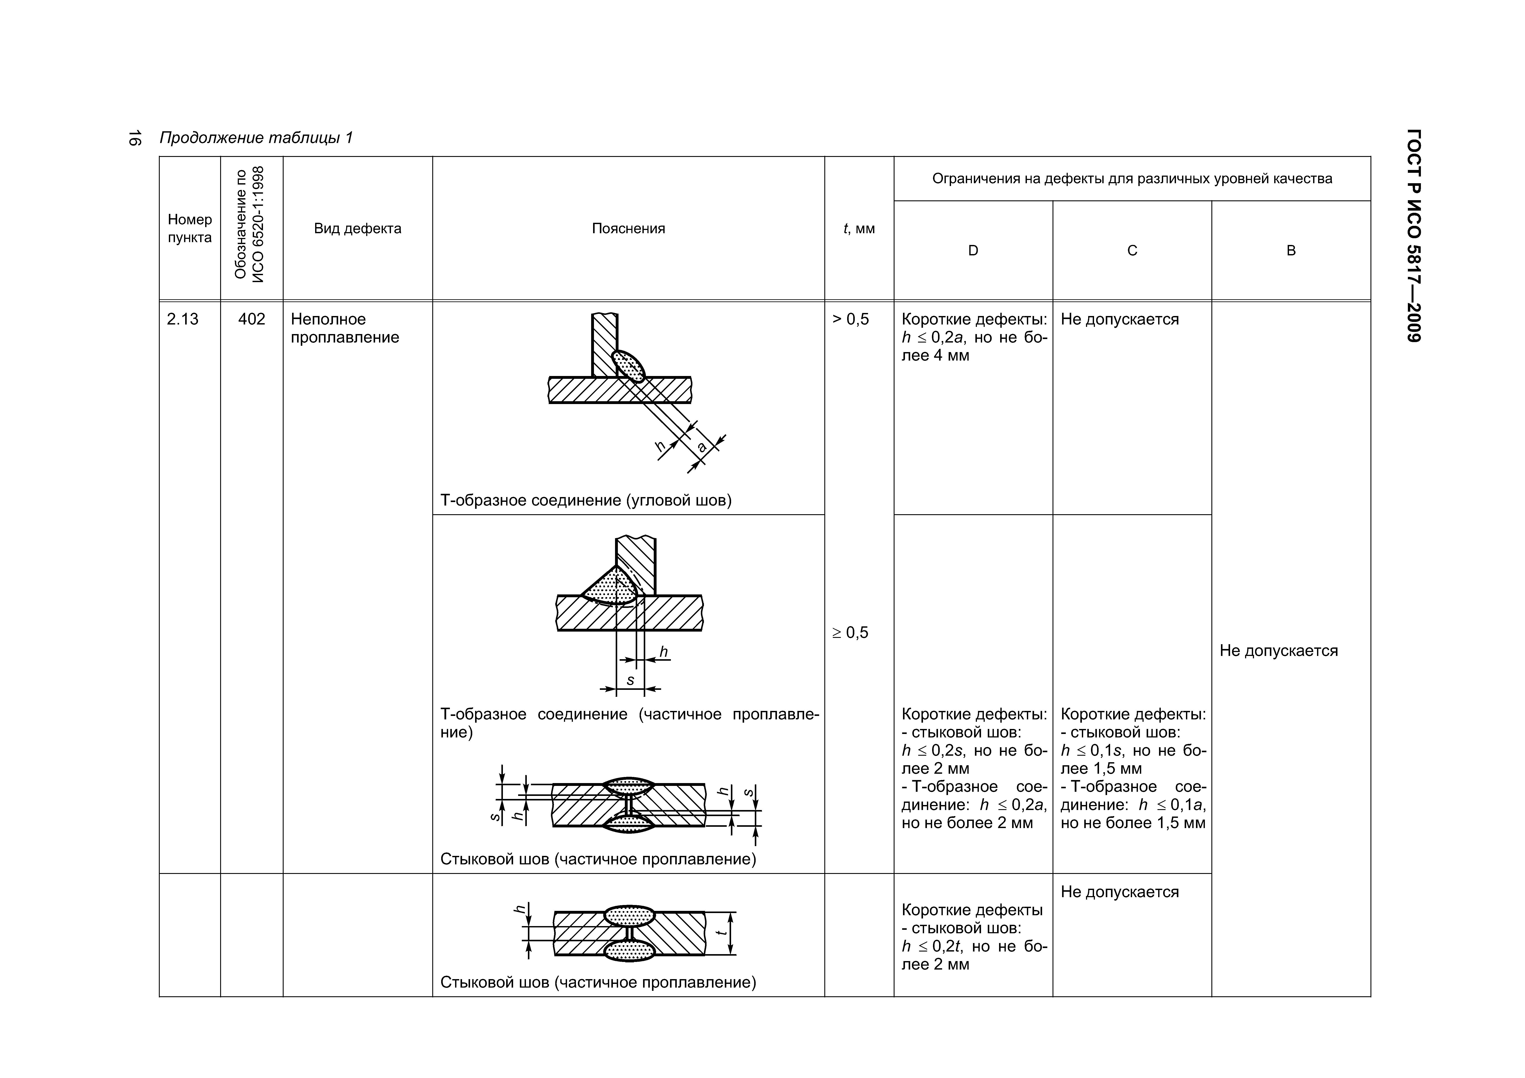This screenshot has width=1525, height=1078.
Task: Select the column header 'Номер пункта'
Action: [190, 228]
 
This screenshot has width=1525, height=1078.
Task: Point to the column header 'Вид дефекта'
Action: [357, 228]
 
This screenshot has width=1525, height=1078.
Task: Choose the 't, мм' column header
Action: [859, 228]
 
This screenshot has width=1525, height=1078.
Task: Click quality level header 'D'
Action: [973, 250]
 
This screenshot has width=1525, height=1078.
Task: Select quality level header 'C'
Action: [1133, 250]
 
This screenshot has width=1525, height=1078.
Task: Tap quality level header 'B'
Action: [1291, 250]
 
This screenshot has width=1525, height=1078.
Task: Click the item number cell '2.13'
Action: [183, 319]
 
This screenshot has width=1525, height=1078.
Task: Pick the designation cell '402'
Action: [252, 319]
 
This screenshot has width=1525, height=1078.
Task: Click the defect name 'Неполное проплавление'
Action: [345, 328]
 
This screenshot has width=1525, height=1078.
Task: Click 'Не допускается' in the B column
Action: [1279, 651]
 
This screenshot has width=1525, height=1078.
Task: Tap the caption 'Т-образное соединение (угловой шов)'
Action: [586, 500]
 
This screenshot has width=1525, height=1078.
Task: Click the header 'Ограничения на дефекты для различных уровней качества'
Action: [1132, 179]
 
